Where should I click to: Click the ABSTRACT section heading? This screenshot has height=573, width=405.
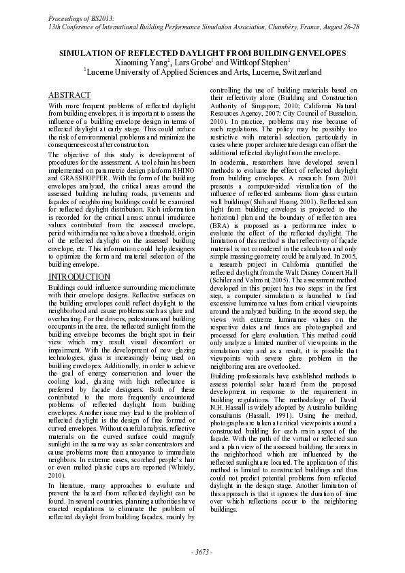[70, 95]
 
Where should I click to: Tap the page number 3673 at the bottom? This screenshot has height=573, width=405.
[202, 551]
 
